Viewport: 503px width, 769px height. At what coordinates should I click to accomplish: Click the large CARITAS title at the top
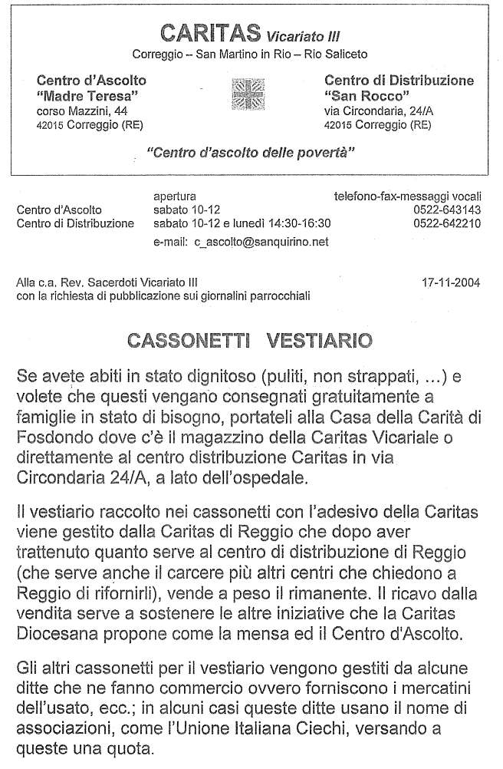click(x=211, y=33)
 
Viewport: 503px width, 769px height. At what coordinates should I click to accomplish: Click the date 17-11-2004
click(x=451, y=282)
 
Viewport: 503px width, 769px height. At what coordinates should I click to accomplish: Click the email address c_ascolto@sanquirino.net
click(x=261, y=241)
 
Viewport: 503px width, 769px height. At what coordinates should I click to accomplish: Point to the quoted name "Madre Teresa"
click(x=87, y=95)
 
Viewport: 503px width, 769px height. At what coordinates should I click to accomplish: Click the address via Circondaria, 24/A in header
click(x=378, y=111)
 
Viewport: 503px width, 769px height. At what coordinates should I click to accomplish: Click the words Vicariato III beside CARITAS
click(x=304, y=36)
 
